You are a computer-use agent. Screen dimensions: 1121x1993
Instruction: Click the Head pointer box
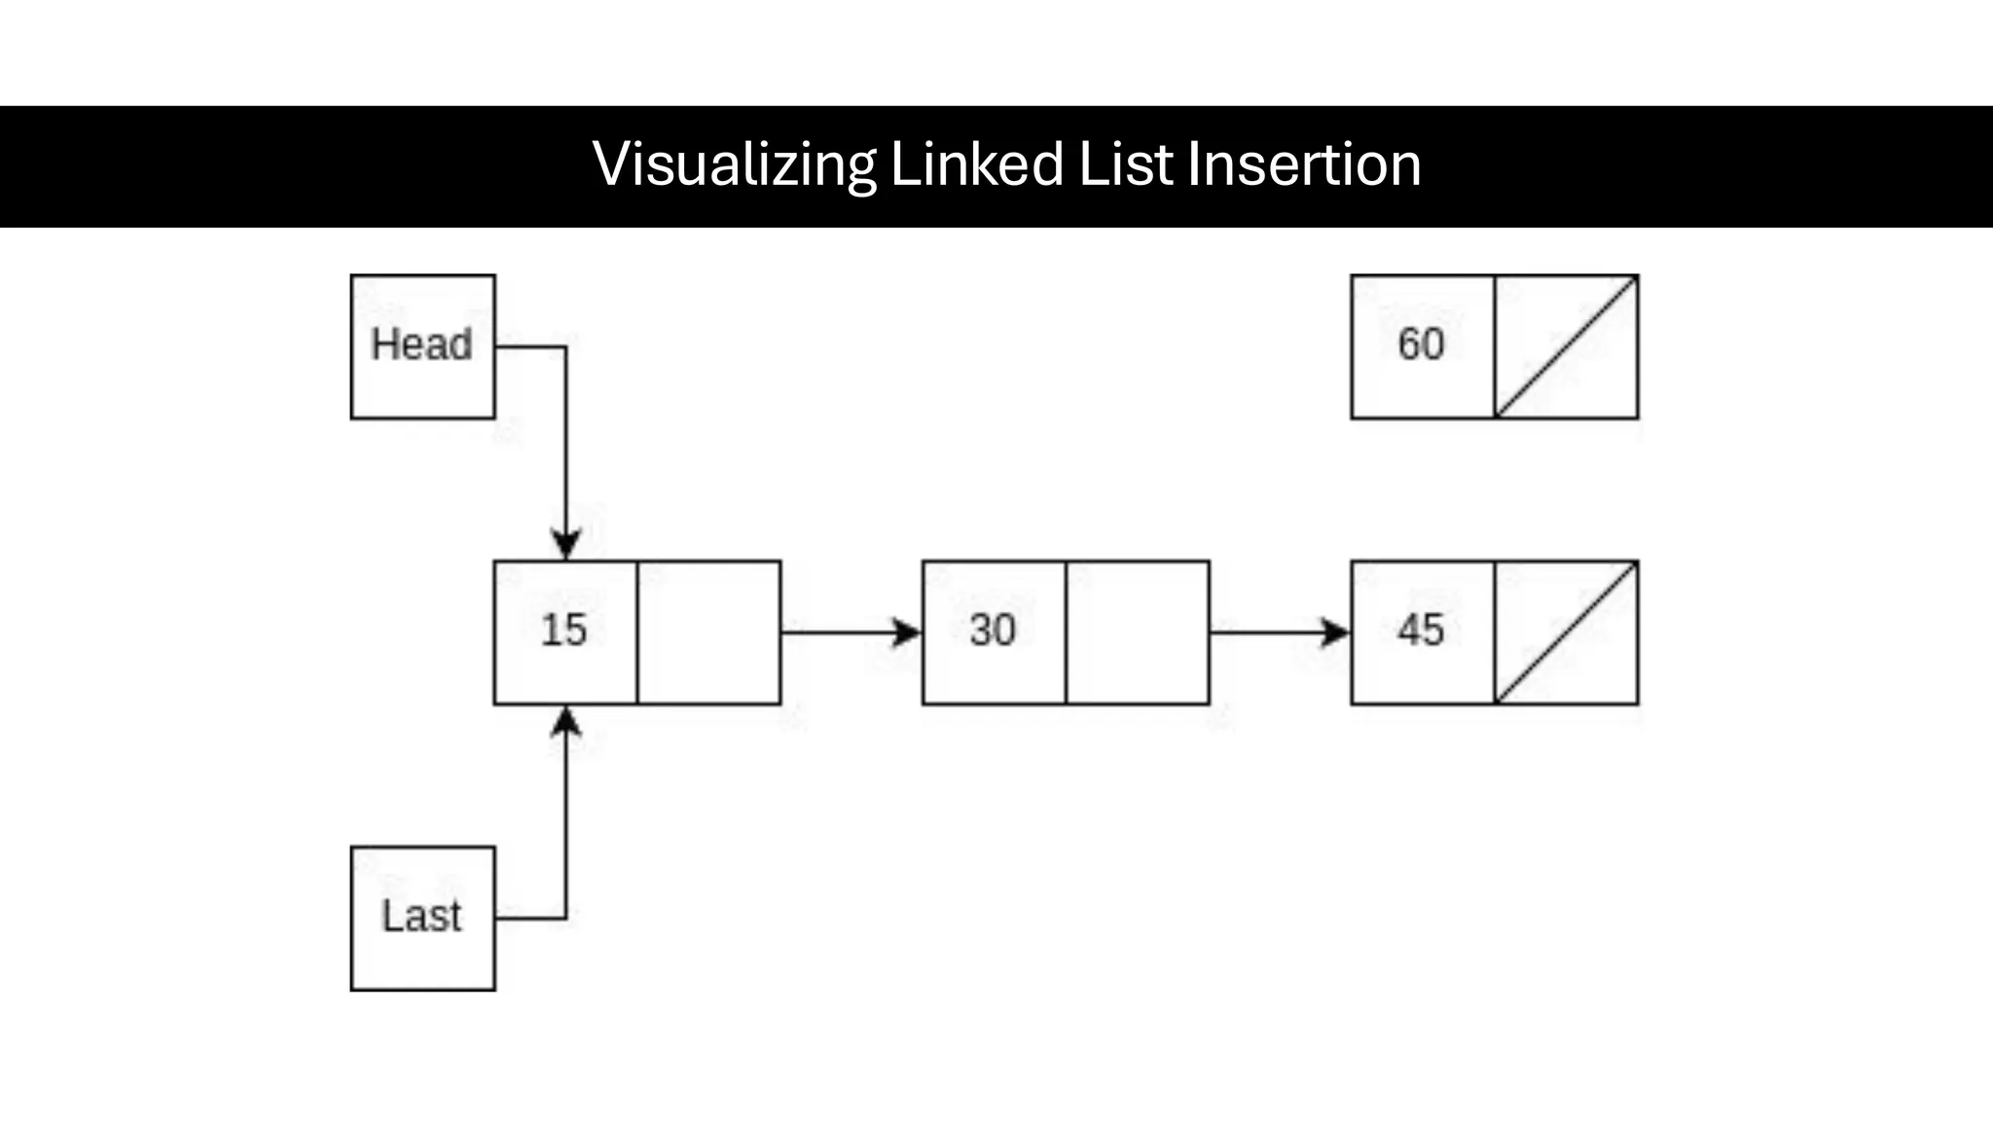point(422,346)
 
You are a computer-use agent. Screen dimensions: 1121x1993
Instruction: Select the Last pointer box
point(422,918)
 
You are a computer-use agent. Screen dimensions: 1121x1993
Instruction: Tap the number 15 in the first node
point(564,631)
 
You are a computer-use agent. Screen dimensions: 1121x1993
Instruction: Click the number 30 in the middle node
point(993,631)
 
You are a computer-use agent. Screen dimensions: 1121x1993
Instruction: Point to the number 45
point(1421,631)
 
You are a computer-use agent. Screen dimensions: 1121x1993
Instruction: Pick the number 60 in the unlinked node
point(1421,344)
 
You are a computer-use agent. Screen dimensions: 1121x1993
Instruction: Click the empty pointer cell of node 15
point(708,633)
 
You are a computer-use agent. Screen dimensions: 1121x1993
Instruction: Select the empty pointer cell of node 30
point(1138,633)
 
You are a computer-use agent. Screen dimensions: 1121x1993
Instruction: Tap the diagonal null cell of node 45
point(1567,633)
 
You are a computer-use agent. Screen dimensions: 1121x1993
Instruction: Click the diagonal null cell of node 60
point(1567,346)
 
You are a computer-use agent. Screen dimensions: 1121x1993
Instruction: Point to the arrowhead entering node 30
point(907,633)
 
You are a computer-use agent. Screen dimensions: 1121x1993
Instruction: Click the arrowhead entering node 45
point(1336,633)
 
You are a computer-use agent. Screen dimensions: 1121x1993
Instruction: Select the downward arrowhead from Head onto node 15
point(566,544)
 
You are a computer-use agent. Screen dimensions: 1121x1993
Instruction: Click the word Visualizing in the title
point(734,164)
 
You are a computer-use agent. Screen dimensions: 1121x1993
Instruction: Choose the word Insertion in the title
point(1304,164)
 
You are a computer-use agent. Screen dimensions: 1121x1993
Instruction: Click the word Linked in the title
point(977,164)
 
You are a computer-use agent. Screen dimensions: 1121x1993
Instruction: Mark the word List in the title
point(1126,164)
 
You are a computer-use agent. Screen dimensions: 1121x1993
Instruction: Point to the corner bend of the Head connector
point(566,346)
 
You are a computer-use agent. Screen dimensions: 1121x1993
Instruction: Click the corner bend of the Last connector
point(566,918)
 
